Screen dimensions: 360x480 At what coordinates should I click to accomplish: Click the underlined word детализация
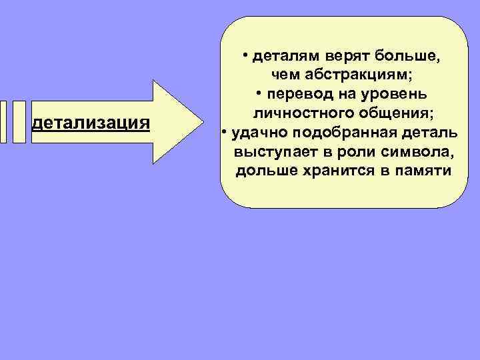91,123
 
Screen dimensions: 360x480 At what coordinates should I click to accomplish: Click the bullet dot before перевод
260,90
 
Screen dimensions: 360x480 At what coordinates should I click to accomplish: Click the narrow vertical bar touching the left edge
3,122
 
